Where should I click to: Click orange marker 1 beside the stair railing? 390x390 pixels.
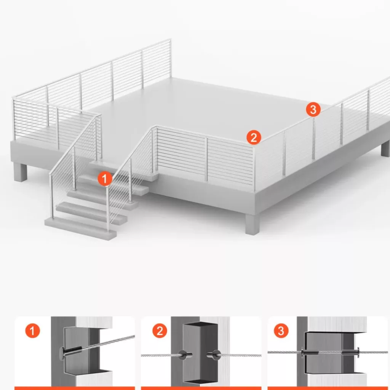tap(105, 178)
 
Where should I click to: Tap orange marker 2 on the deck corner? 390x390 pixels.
tap(254, 137)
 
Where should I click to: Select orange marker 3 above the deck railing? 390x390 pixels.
tap(313, 109)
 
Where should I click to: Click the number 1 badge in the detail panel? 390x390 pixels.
tap(33, 331)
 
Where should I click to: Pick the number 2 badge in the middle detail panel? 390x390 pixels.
tap(160, 331)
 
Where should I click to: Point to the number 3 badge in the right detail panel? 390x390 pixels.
tap(281, 331)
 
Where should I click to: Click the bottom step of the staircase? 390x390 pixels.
tap(81, 228)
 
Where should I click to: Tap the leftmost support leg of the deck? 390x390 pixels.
tap(20, 172)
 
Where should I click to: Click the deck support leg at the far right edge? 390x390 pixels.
tap(385, 149)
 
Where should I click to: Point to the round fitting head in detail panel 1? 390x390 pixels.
tap(62, 353)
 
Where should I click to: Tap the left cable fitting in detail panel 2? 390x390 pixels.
tap(185, 354)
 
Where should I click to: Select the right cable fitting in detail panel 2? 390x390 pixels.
tap(214, 354)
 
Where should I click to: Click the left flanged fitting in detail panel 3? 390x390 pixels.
tap(310, 352)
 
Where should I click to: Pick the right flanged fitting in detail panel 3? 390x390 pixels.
tap(350, 352)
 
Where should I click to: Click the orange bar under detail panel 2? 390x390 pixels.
tap(201, 388)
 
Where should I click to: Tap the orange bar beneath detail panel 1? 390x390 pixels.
tap(75, 388)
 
